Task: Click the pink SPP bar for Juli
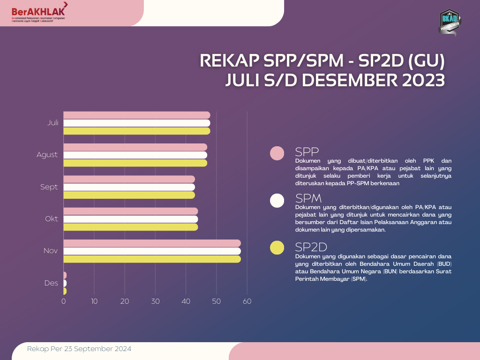136,115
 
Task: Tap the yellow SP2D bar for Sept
129,195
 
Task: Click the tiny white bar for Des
65,283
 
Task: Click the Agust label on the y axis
47,155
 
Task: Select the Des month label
51,283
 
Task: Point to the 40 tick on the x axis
186,301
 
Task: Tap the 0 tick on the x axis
64,301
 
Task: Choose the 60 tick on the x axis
247,301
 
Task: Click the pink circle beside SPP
277,153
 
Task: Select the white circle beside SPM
277,200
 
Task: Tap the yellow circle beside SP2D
277,248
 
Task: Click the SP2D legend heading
311,247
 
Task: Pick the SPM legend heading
308,198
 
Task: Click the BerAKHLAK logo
39,12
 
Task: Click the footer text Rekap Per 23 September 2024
79,349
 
